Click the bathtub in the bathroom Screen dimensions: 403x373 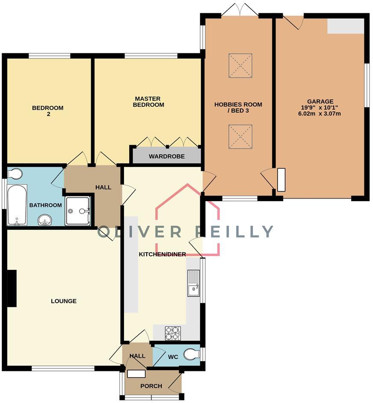(17, 204)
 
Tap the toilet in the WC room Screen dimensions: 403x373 (192, 354)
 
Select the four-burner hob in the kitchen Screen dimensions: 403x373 (173, 333)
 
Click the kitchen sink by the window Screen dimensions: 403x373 (193, 283)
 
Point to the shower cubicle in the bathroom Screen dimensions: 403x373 (77, 210)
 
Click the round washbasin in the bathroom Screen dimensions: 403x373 (45, 220)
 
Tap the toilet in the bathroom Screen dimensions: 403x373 (15, 174)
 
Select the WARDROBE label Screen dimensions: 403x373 (166, 156)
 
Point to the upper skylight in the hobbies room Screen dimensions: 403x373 (240, 65)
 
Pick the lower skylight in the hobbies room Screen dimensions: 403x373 (240, 137)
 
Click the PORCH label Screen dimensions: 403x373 (151, 386)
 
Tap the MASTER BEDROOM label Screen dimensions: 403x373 (148, 102)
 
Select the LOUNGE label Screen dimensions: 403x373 (64, 301)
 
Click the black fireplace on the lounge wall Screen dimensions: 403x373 (12, 288)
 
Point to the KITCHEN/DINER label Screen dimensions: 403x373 (163, 254)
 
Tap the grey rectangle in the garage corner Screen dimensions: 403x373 (346, 26)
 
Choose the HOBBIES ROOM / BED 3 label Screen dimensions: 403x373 (238, 107)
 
